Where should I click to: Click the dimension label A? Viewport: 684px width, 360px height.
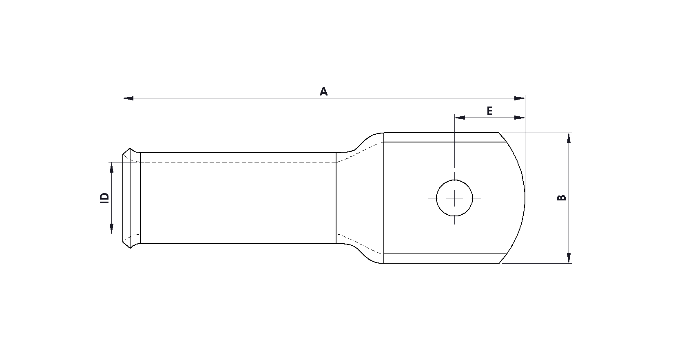point(323,91)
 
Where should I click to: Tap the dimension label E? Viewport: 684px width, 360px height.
point(489,111)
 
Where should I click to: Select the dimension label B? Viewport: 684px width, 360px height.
point(562,198)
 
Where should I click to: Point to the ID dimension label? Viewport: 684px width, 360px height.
point(104,198)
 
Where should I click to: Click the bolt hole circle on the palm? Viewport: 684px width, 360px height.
point(454,180)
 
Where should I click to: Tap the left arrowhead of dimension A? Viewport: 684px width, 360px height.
point(128,98)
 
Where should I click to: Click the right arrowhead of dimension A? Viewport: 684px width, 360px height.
point(519,98)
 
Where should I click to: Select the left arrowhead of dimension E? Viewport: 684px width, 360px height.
point(460,118)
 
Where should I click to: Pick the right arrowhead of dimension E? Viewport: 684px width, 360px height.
point(519,118)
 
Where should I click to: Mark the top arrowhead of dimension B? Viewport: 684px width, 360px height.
point(569,138)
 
